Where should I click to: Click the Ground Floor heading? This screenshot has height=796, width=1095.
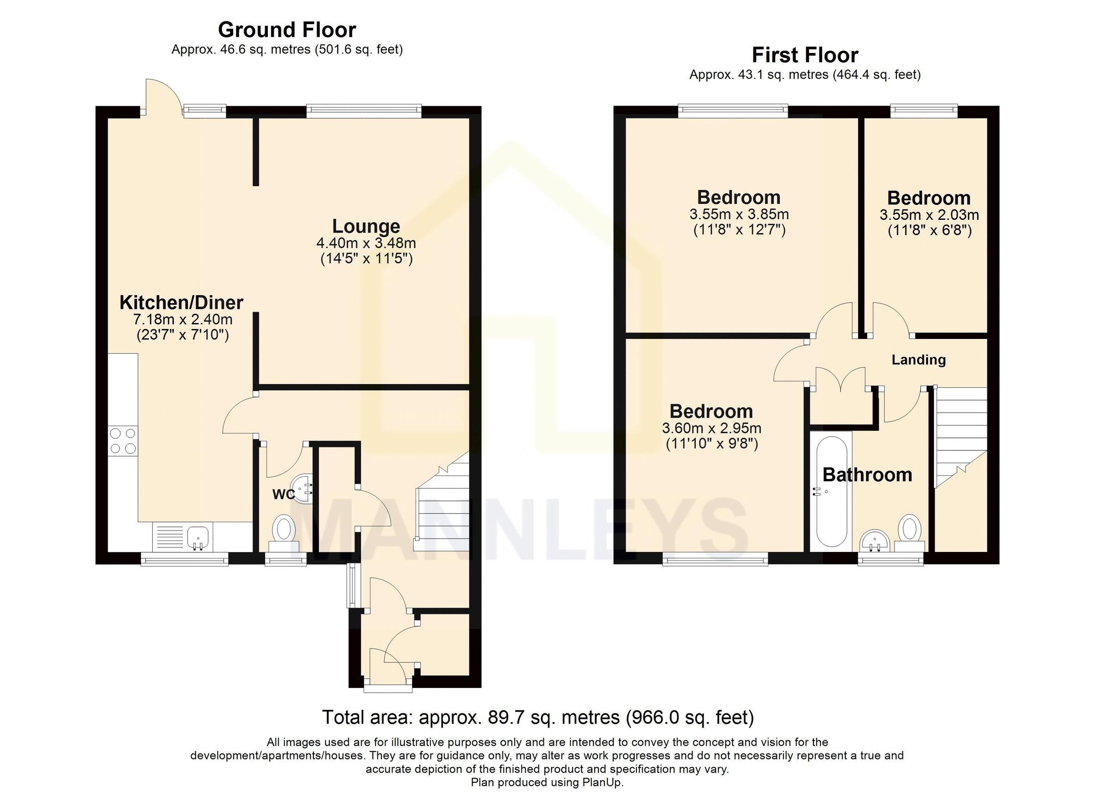(287, 30)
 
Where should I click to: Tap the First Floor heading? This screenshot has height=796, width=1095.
(805, 55)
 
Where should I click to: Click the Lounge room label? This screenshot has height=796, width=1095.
(366, 226)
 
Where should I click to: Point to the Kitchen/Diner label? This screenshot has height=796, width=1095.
(181, 303)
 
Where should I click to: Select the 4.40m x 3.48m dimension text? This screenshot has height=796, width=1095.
(366, 243)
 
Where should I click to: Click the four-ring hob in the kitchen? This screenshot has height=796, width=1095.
(123, 441)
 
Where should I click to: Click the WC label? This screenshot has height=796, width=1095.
(283, 494)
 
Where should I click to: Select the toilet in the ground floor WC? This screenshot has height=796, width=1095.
(284, 529)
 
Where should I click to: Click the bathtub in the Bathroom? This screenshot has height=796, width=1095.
(831, 497)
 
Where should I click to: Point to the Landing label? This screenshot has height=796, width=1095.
(918, 359)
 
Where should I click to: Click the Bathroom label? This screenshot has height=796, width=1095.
(867, 475)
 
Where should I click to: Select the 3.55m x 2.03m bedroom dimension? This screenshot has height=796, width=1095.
(929, 215)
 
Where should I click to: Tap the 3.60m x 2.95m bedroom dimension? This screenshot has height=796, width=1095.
(711, 428)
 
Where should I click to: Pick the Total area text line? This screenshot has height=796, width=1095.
(537, 718)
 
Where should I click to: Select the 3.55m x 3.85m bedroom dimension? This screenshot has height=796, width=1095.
(739, 214)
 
